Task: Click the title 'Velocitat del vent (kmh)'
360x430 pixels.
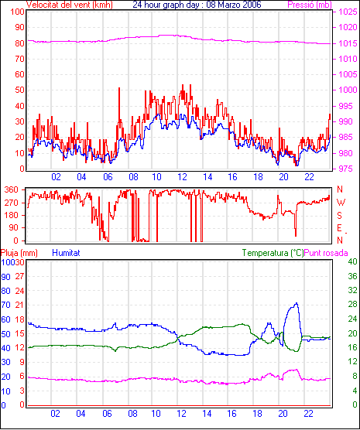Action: coord(69,5)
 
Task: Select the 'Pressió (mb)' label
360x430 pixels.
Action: coord(310,5)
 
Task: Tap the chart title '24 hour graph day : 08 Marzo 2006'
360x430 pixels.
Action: coord(197,5)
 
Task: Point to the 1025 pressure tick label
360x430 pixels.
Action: coord(348,12)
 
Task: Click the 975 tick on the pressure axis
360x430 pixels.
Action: coord(346,169)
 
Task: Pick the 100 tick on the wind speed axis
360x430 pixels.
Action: coord(17,12)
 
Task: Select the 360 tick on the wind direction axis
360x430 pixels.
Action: coord(12,189)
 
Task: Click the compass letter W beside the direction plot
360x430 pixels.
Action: coord(341,203)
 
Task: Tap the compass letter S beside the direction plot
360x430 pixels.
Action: coord(339,216)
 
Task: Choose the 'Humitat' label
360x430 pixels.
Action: coord(66,253)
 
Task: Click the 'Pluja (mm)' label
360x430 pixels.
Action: coord(19,253)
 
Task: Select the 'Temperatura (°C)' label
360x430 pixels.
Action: coord(273,253)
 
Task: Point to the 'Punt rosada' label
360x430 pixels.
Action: coord(326,253)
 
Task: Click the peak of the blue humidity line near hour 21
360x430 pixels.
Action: coord(296,303)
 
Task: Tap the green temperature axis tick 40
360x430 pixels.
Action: coord(352,262)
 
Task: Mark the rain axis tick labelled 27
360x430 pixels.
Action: coord(19,276)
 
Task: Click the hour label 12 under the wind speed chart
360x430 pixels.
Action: coord(182,177)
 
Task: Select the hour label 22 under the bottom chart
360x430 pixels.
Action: coord(308,413)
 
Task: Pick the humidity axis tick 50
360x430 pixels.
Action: coord(5,334)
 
